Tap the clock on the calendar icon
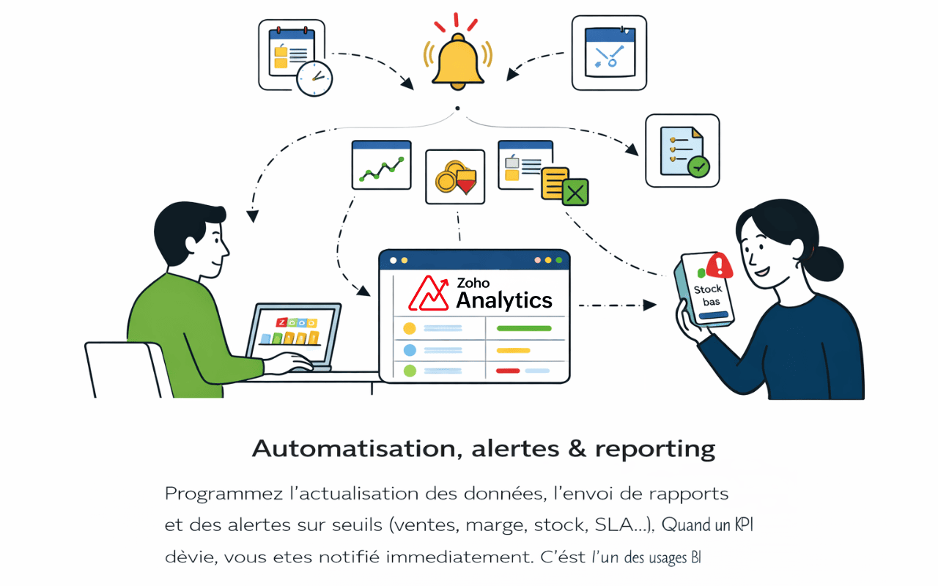click(314, 78)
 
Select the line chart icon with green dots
click(381, 164)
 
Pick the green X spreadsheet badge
click(576, 192)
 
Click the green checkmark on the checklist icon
click(699, 167)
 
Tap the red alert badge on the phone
click(719, 264)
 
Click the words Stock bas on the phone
click(708, 295)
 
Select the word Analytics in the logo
click(504, 300)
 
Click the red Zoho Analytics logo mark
click(429, 293)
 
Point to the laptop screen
click(293, 333)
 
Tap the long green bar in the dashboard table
click(523, 328)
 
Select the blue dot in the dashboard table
click(410, 350)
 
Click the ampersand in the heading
click(577, 448)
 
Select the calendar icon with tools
click(609, 53)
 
